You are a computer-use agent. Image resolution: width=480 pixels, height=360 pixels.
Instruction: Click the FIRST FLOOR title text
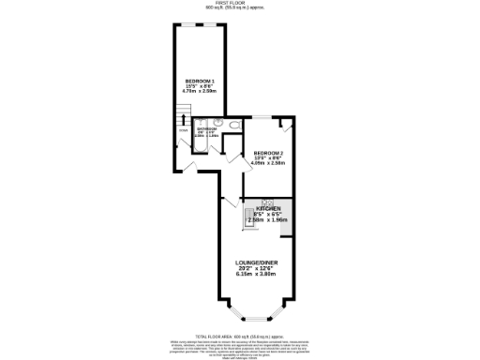pos(236,3)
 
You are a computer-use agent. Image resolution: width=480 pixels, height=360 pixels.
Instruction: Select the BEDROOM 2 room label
pos(268,152)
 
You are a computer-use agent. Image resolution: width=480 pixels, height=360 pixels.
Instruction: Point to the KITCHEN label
pos(268,208)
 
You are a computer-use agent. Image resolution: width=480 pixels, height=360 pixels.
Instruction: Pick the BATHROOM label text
pos(207,128)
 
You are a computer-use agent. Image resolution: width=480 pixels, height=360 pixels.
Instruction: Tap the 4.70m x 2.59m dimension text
pos(202,93)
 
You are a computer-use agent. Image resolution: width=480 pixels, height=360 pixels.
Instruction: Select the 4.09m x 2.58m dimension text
pos(268,163)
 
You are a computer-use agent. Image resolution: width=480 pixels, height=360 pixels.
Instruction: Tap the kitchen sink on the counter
pos(251,213)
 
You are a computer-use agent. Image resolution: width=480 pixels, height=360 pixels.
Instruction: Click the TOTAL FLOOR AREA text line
pos(239,335)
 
